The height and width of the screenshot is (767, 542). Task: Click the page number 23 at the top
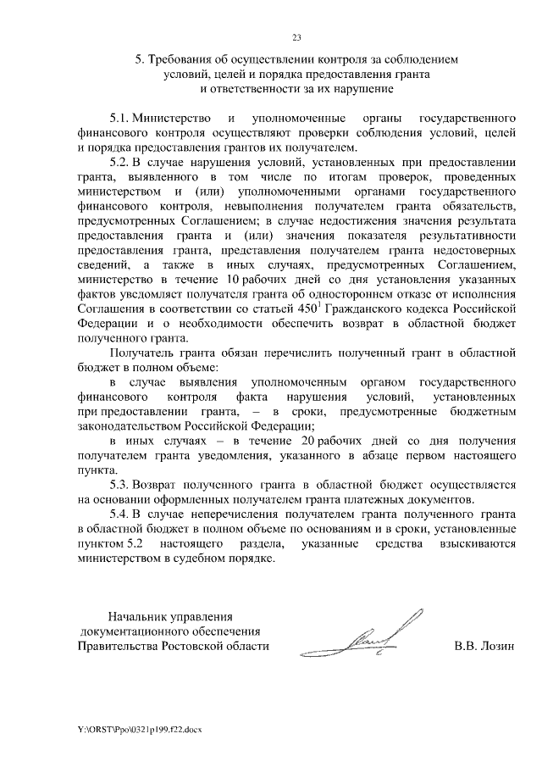click(296, 37)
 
